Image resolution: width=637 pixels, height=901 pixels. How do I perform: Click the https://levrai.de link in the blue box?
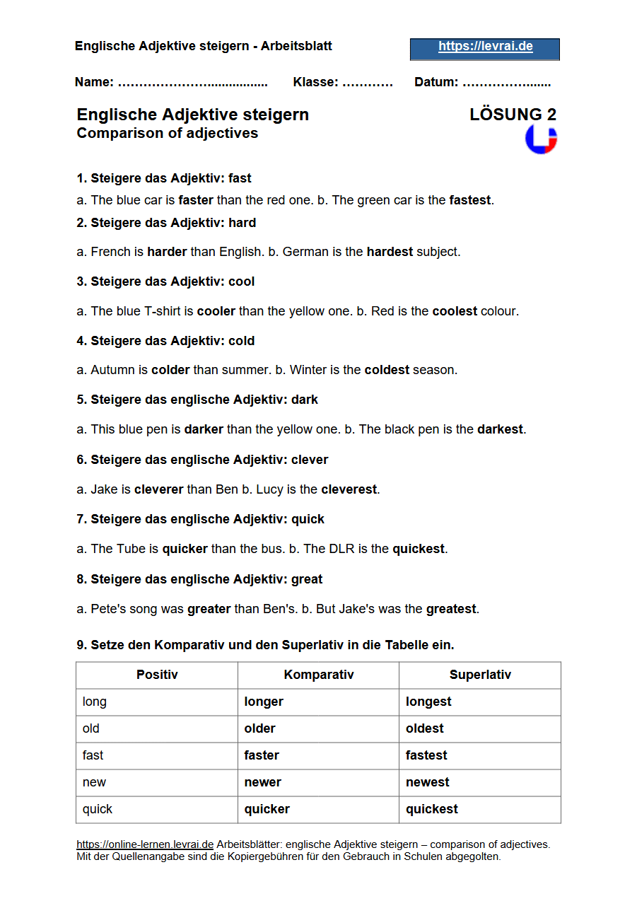485,47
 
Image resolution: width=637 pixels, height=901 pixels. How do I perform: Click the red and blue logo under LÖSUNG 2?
541,139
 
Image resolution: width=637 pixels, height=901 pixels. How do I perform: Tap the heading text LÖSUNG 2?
513,115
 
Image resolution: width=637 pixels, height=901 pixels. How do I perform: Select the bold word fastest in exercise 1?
470,200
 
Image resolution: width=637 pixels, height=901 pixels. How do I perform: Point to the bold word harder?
167,252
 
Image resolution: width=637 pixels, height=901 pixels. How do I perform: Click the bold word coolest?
455,311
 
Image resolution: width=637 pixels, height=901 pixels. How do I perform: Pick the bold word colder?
170,370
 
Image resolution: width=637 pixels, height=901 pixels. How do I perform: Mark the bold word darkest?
500,429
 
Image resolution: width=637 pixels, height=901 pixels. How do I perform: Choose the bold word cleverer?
158,489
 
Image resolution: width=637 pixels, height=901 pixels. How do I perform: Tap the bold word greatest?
451,609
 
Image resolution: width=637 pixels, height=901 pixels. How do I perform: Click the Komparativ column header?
318,675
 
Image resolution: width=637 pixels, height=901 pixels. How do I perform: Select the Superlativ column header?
480,675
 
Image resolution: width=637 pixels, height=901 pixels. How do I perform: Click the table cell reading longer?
264,702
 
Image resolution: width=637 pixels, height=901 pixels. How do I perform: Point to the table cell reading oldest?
425,729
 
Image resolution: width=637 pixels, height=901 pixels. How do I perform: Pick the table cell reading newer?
263,783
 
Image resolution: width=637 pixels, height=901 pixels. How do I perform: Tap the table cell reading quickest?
432,810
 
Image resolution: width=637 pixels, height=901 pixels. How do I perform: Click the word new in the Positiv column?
94,783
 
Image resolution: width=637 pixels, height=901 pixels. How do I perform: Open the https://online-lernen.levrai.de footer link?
145,844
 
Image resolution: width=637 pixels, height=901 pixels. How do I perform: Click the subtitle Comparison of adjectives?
168,134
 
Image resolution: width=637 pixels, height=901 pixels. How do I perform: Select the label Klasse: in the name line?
316,83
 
